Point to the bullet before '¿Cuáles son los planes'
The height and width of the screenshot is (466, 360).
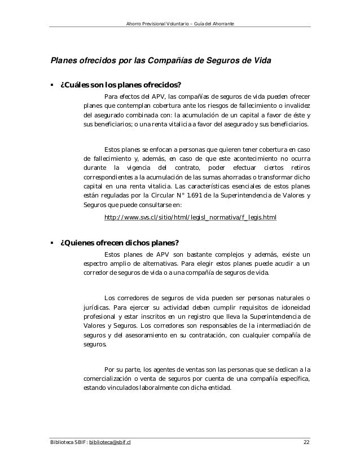coord(52,86)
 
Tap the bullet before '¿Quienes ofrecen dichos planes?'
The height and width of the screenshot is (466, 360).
coord(52,243)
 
